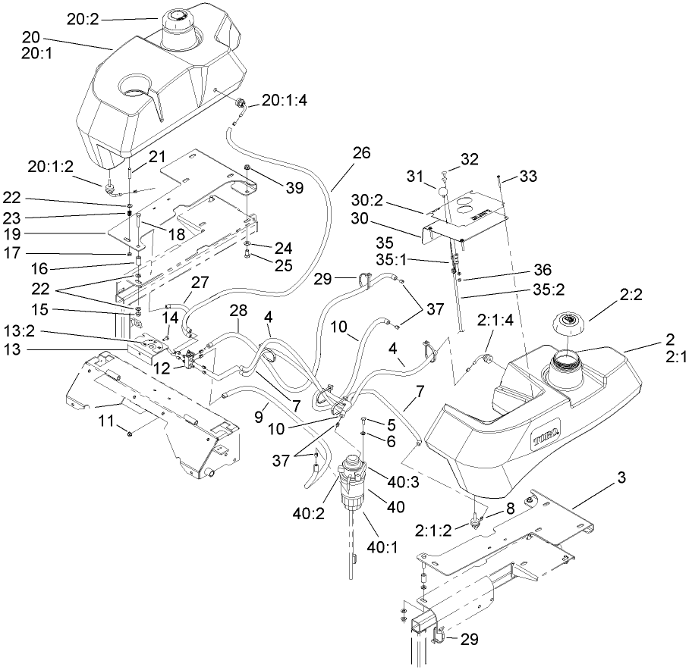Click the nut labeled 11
[131, 433]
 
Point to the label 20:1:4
[285, 99]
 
